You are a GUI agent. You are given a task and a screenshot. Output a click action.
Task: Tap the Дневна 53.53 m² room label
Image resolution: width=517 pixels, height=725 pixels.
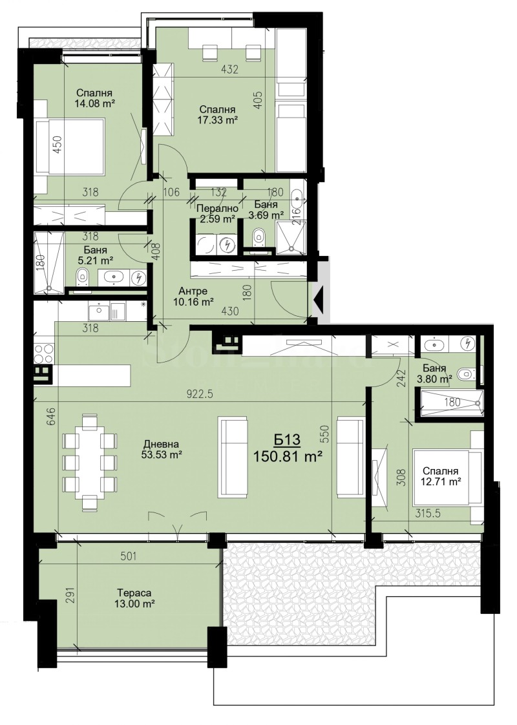(x=162, y=449)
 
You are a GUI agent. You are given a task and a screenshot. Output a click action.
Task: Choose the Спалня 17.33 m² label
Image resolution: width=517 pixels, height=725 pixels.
(x=218, y=114)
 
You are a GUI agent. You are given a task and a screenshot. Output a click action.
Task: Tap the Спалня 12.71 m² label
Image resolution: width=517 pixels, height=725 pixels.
(x=442, y=476)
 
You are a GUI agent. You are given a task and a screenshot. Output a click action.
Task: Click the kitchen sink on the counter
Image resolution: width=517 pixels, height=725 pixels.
(x=100, y=311)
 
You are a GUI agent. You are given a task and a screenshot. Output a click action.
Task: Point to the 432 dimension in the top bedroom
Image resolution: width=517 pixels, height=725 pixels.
(x=230, y=70)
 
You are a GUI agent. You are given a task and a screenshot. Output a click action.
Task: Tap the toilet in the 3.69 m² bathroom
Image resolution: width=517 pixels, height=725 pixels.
(x=258, y=236)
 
